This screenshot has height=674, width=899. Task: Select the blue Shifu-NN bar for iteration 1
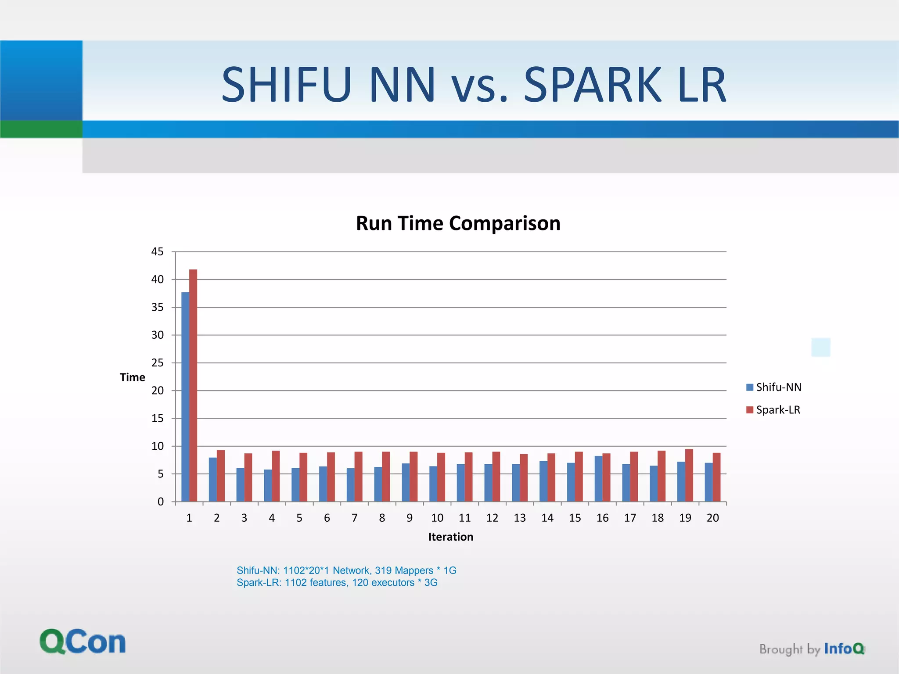point(185,397)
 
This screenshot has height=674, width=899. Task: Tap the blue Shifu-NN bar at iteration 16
point(598,479)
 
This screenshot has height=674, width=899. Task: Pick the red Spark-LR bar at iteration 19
point(689,475)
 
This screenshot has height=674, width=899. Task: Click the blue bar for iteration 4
point(268,485)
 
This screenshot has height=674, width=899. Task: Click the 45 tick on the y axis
point(157,252)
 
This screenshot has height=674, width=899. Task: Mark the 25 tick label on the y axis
point(157,363)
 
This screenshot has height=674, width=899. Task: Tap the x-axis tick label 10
point(437,518)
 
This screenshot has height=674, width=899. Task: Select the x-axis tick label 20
point(712,518)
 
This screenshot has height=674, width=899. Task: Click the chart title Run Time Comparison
point(458,223)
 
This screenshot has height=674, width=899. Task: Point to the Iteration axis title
point(450,537)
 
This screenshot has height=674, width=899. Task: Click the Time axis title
point(132,377)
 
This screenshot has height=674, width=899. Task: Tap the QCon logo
point(83,642)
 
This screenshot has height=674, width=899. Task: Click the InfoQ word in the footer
point(844,649)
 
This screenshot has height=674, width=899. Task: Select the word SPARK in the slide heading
point(593,85)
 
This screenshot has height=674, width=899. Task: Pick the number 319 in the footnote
point(383,570)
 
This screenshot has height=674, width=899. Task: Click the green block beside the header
point(41,129)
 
